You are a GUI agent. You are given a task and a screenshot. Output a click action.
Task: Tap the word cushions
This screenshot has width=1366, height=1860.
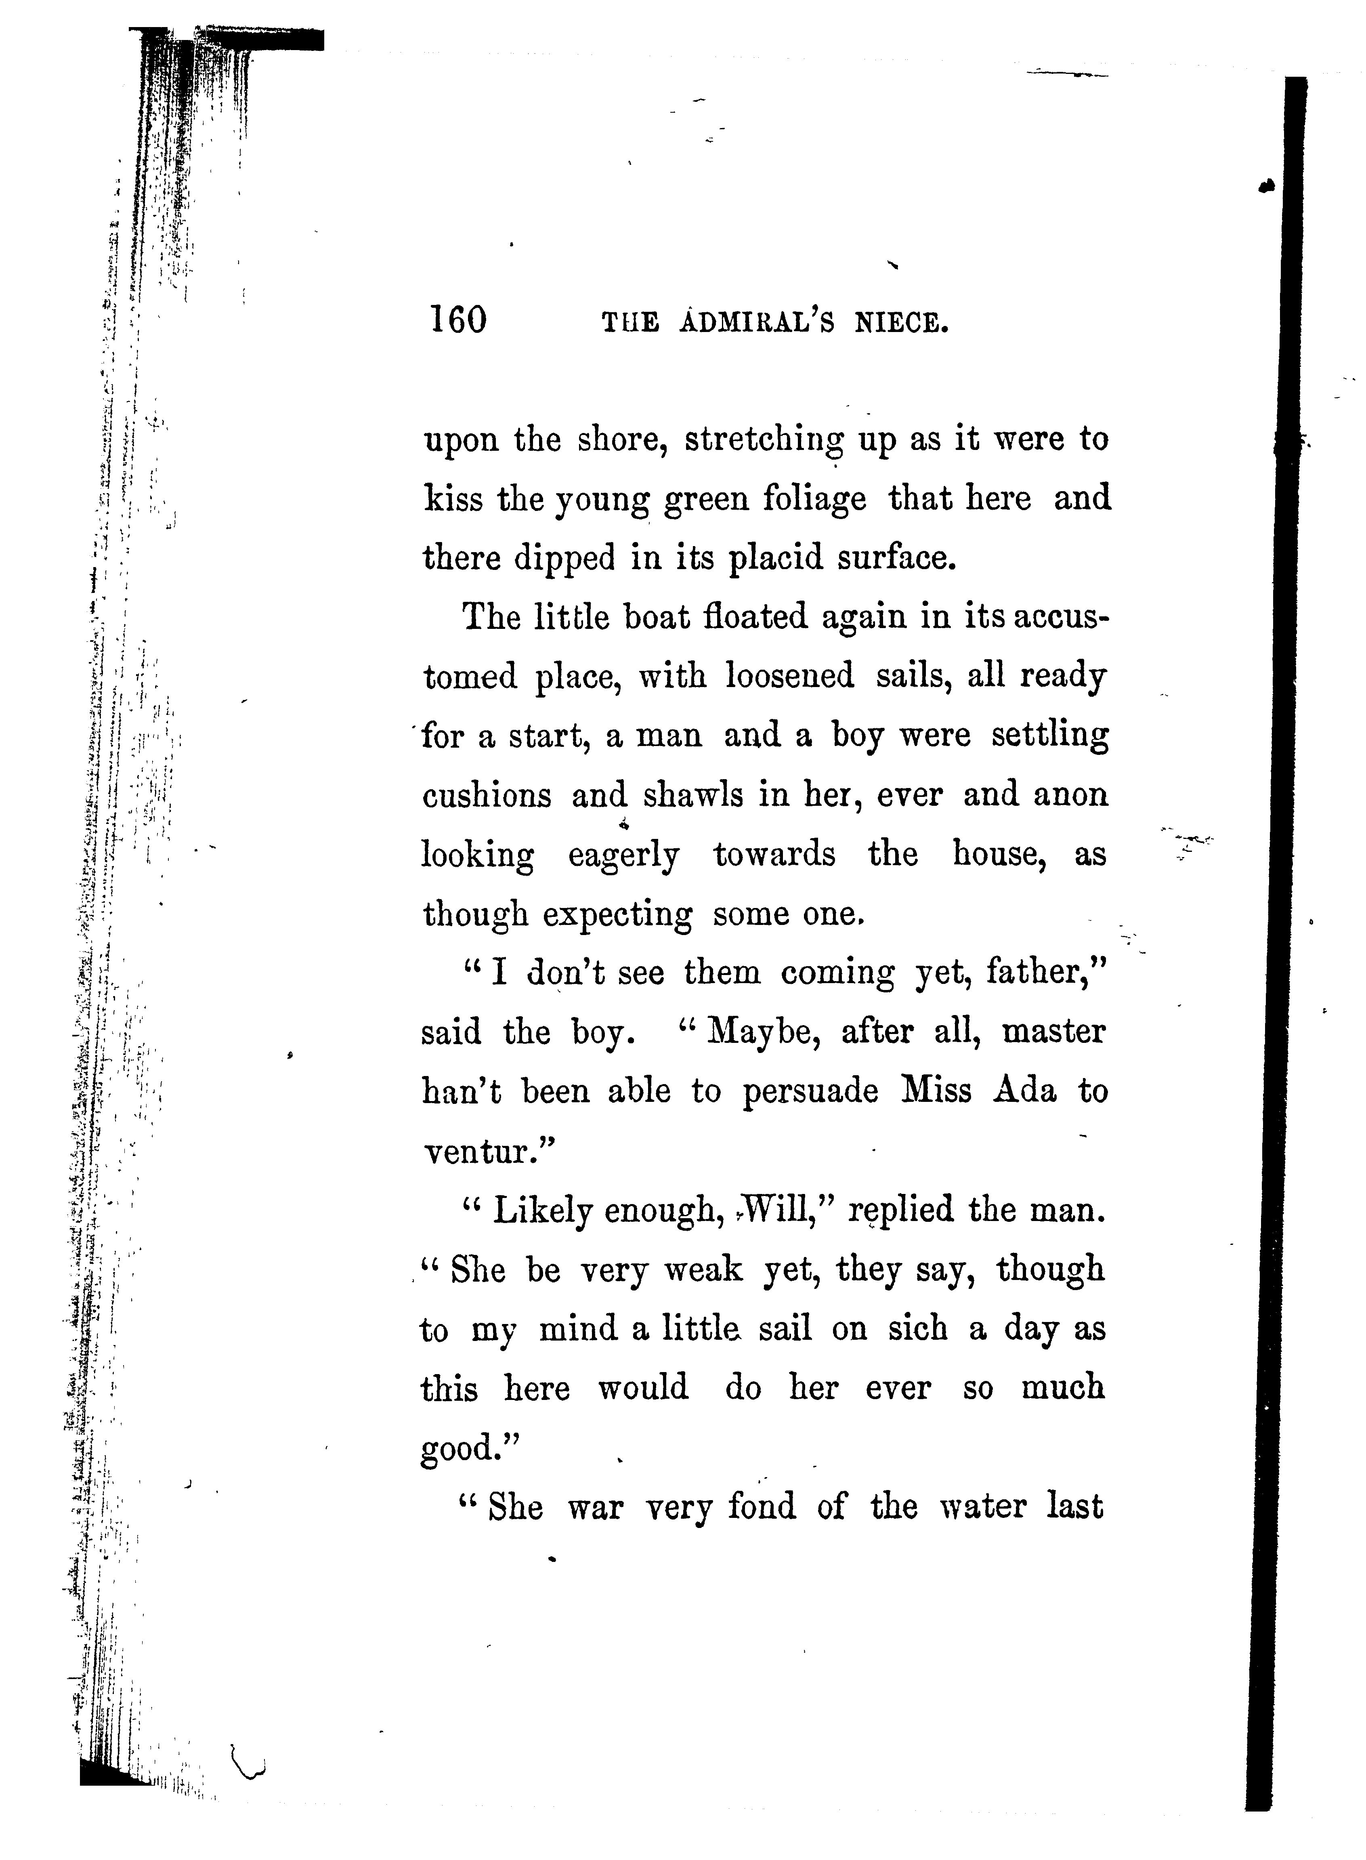click(486, 796)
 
